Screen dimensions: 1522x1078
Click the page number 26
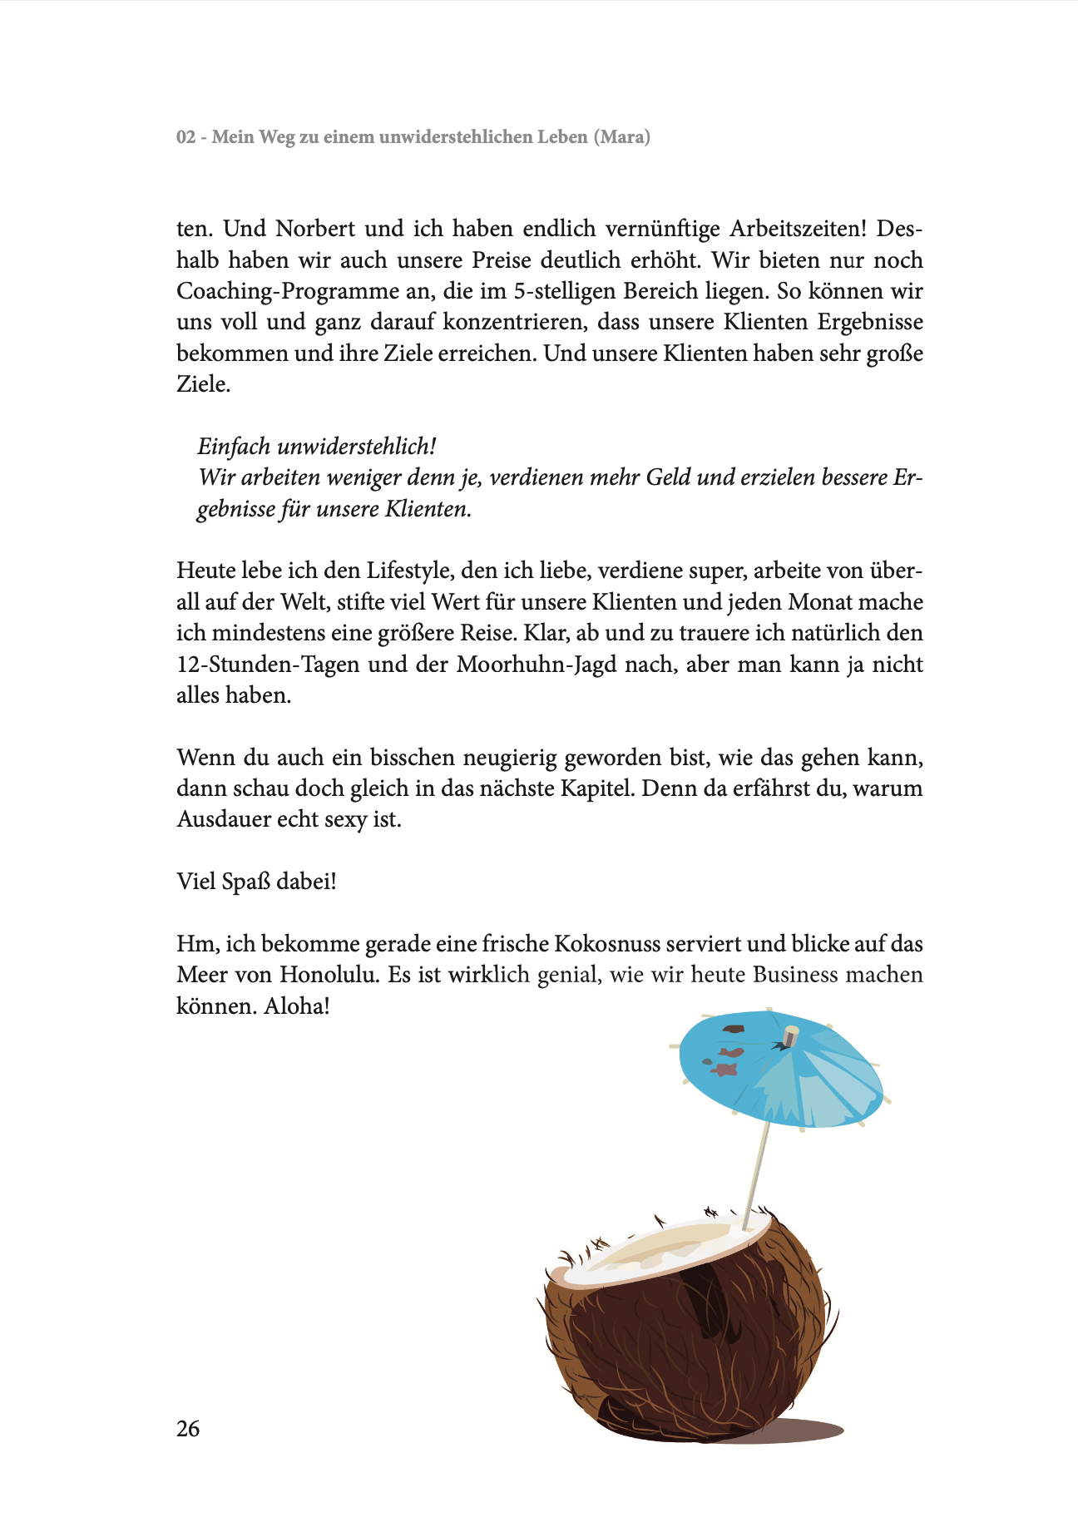point(188,1428)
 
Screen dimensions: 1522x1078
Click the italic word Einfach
point(234,447)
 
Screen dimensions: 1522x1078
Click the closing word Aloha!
point(297,1006)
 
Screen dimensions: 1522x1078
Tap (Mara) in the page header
point(621,136)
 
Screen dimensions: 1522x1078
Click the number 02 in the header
point(186,136)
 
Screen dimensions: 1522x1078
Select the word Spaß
point(246,882)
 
